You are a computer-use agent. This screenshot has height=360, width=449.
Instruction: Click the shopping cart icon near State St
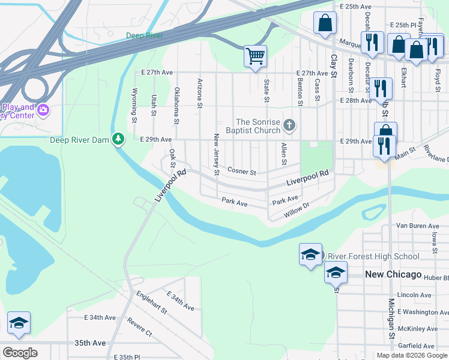point(255,57)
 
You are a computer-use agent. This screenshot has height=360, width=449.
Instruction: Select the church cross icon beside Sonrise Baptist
point(289,125)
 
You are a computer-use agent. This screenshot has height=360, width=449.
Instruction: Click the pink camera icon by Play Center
point(43,110)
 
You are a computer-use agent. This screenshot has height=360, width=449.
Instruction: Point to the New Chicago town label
point(393,274)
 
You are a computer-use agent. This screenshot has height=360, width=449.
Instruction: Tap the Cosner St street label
point(242,172)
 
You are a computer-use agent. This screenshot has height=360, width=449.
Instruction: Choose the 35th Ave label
point(89,343)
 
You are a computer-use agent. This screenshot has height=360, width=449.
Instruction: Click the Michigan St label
point(391,318)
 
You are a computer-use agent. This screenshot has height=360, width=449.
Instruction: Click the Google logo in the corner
point(20,353)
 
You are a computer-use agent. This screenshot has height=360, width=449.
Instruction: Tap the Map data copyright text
point(411,355)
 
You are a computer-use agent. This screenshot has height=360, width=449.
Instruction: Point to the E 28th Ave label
point(356,101)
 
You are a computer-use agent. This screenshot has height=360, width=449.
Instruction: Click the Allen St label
point(283,154)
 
